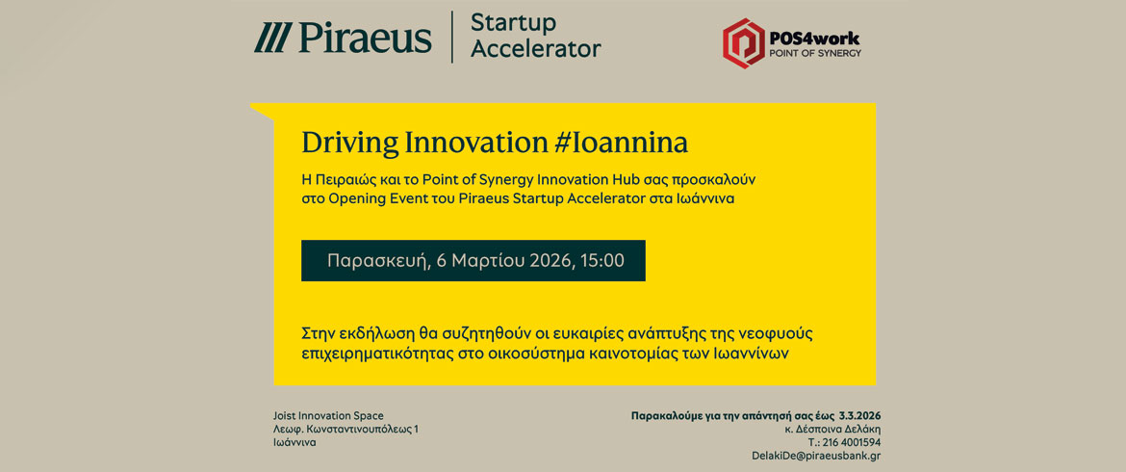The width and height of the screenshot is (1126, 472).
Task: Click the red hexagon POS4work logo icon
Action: [744, 43]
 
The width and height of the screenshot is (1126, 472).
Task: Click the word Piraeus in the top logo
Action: [365, 38]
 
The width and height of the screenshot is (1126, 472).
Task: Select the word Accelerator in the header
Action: [536, 48]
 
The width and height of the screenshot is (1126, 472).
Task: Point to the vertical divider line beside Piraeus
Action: [451, 37]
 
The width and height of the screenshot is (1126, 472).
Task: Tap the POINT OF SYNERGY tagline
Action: [815, 53]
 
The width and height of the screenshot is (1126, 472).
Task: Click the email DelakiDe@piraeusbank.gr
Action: [816, 456]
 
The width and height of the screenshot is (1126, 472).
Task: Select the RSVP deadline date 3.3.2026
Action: [859, 416]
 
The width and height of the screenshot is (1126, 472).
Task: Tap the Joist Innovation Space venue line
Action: [329, 416]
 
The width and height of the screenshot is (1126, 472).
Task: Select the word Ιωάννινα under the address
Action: [294, 442]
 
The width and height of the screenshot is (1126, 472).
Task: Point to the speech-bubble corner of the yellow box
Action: [250, 105]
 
